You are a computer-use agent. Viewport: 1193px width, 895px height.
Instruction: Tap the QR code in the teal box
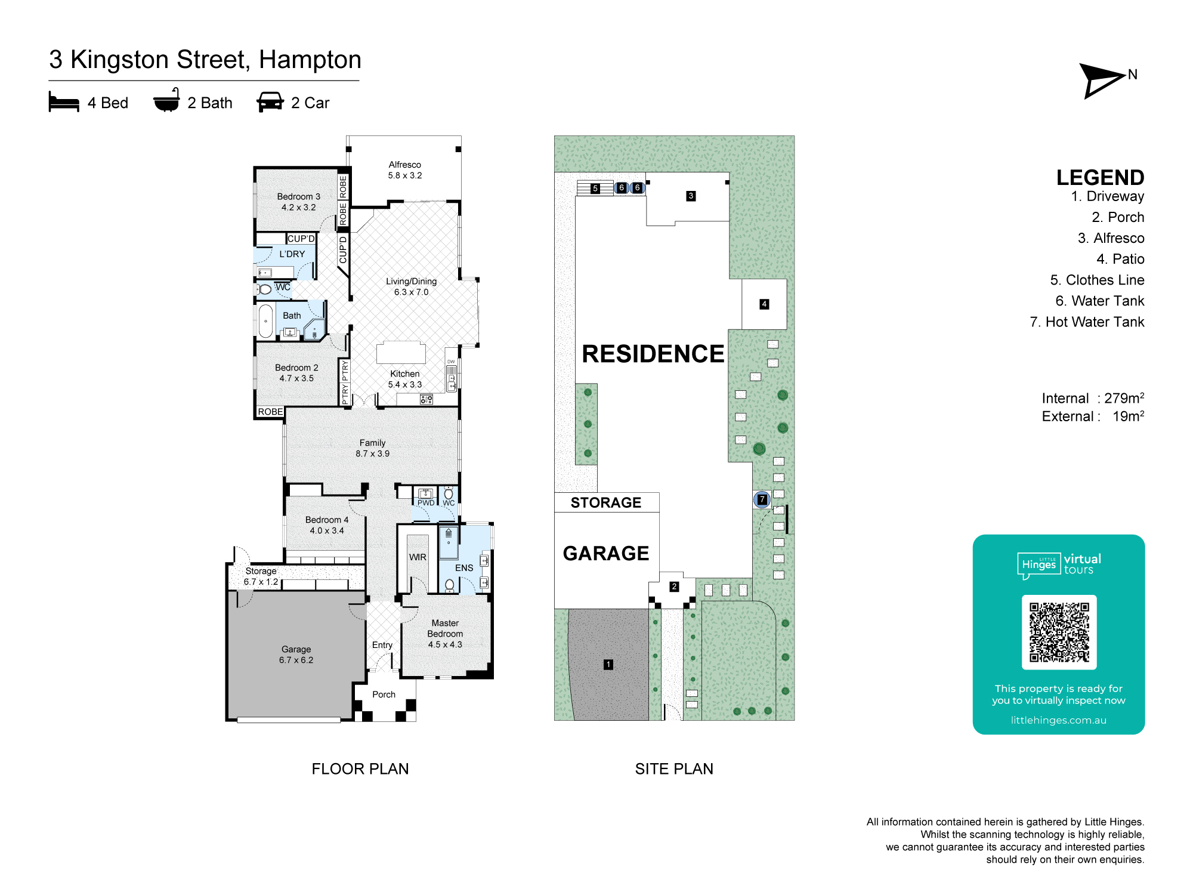pyautogui.click(x=1059, y=632)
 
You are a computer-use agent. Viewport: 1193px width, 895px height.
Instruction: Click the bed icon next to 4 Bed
pyautogui.click(x=64, y=102)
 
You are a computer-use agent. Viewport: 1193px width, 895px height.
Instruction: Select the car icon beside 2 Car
pyautogui.click(x=270, y=102)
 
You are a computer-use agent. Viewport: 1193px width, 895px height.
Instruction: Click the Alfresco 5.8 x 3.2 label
pyautogui.click(x=405, y=170)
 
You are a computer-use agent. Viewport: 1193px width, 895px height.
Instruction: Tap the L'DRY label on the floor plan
pyautogui.click(x=292, y=254)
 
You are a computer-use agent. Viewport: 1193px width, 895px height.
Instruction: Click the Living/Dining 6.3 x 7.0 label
pyautogui.click(x=411, y=286)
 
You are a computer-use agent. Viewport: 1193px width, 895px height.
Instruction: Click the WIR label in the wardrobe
pyautogui.click(x=418, y=557)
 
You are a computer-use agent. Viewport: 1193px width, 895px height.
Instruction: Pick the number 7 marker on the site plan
pyautogui.click(x=762, y=499)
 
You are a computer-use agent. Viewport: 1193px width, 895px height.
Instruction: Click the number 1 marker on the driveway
pyautogui.click(x=608, y=664)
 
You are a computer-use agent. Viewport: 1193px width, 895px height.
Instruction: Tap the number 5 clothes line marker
pyautogui.click(x=595, y=189)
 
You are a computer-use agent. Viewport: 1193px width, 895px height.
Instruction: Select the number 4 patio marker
pyautogui.click(x=764, y=304)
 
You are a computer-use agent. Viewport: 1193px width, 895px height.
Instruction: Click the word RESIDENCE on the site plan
pyautogui.click(x=653, y=354)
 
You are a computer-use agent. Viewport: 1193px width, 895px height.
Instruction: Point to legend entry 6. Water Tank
pyautogui.click(x=1099, y=301)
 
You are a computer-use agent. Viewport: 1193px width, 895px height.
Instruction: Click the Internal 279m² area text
pyautogui.click(x=1092, y=398)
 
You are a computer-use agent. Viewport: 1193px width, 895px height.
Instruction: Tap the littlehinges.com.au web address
pyautogui.click(x=1058, y=720)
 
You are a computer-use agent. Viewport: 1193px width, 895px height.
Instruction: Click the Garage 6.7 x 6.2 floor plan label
pyautogui.click(x=296, y=655)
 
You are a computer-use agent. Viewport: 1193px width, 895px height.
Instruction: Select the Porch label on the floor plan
pyautogui.click(x=384, y=695)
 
